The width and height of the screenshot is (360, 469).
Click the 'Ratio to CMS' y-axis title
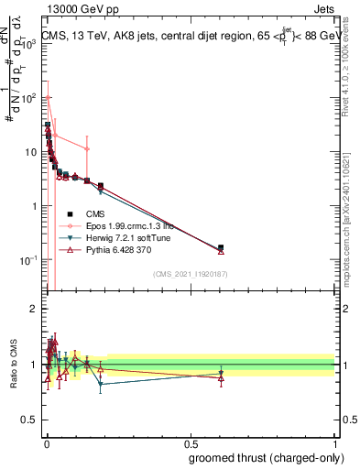14,365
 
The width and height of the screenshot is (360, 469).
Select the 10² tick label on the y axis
28,97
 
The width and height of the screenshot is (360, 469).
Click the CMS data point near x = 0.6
221,247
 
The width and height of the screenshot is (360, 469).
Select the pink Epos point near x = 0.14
87,148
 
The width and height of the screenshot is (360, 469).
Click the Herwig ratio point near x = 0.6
221,373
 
